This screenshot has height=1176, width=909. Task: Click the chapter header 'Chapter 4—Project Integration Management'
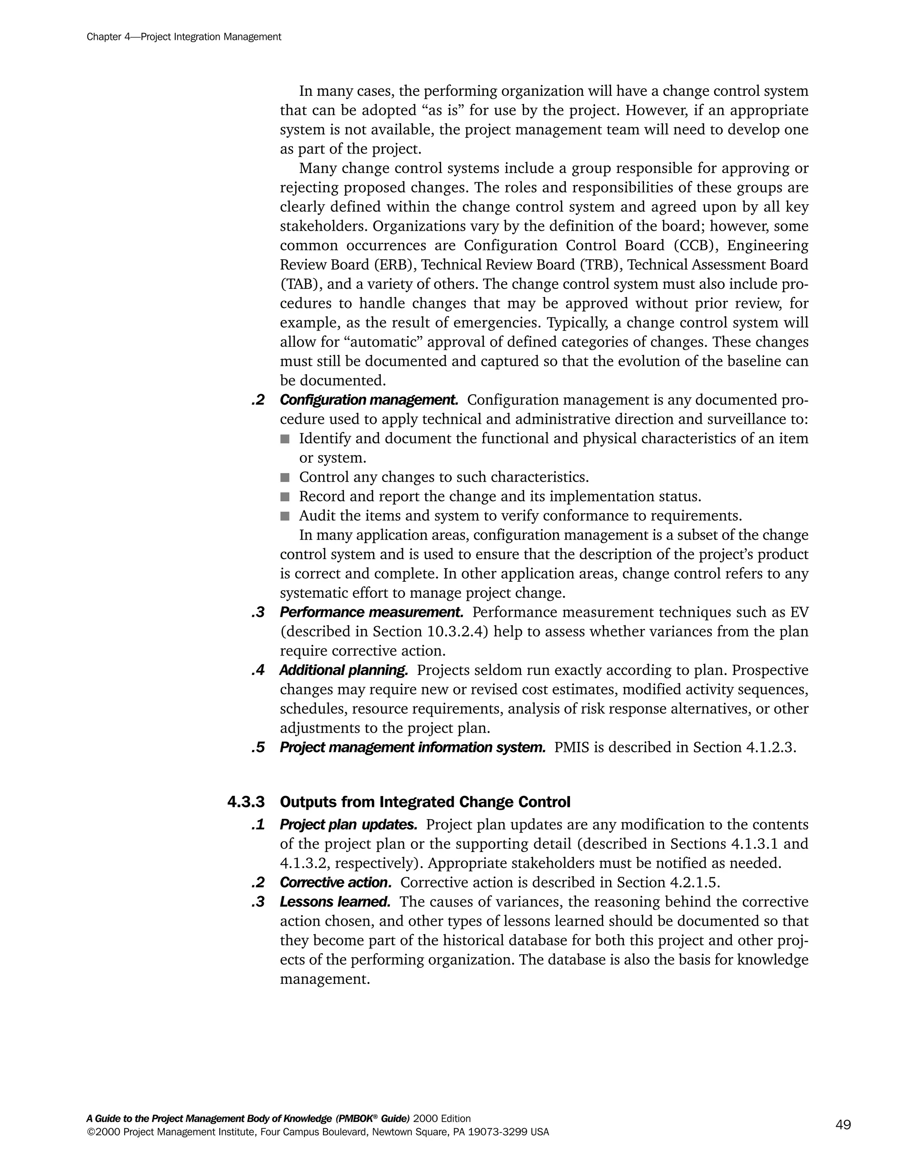click(184, 37)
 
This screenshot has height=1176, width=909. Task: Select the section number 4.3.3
click(246, 802)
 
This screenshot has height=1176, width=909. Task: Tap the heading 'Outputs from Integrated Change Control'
click(425, 802)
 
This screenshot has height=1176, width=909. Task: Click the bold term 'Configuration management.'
click(369, 400)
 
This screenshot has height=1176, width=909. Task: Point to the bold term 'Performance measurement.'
click(372, 612)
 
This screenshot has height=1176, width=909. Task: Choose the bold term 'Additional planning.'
click(344, 671)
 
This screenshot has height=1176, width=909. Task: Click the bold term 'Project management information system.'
click(412, 747)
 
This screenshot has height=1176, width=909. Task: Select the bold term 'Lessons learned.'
click(335, 902)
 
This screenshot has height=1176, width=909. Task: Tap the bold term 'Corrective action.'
click(336, 883)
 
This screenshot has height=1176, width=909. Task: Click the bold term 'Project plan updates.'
click(348, 825)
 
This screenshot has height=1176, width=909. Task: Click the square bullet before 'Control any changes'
click(285, 478)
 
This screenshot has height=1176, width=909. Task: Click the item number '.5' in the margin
click(258, 747)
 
